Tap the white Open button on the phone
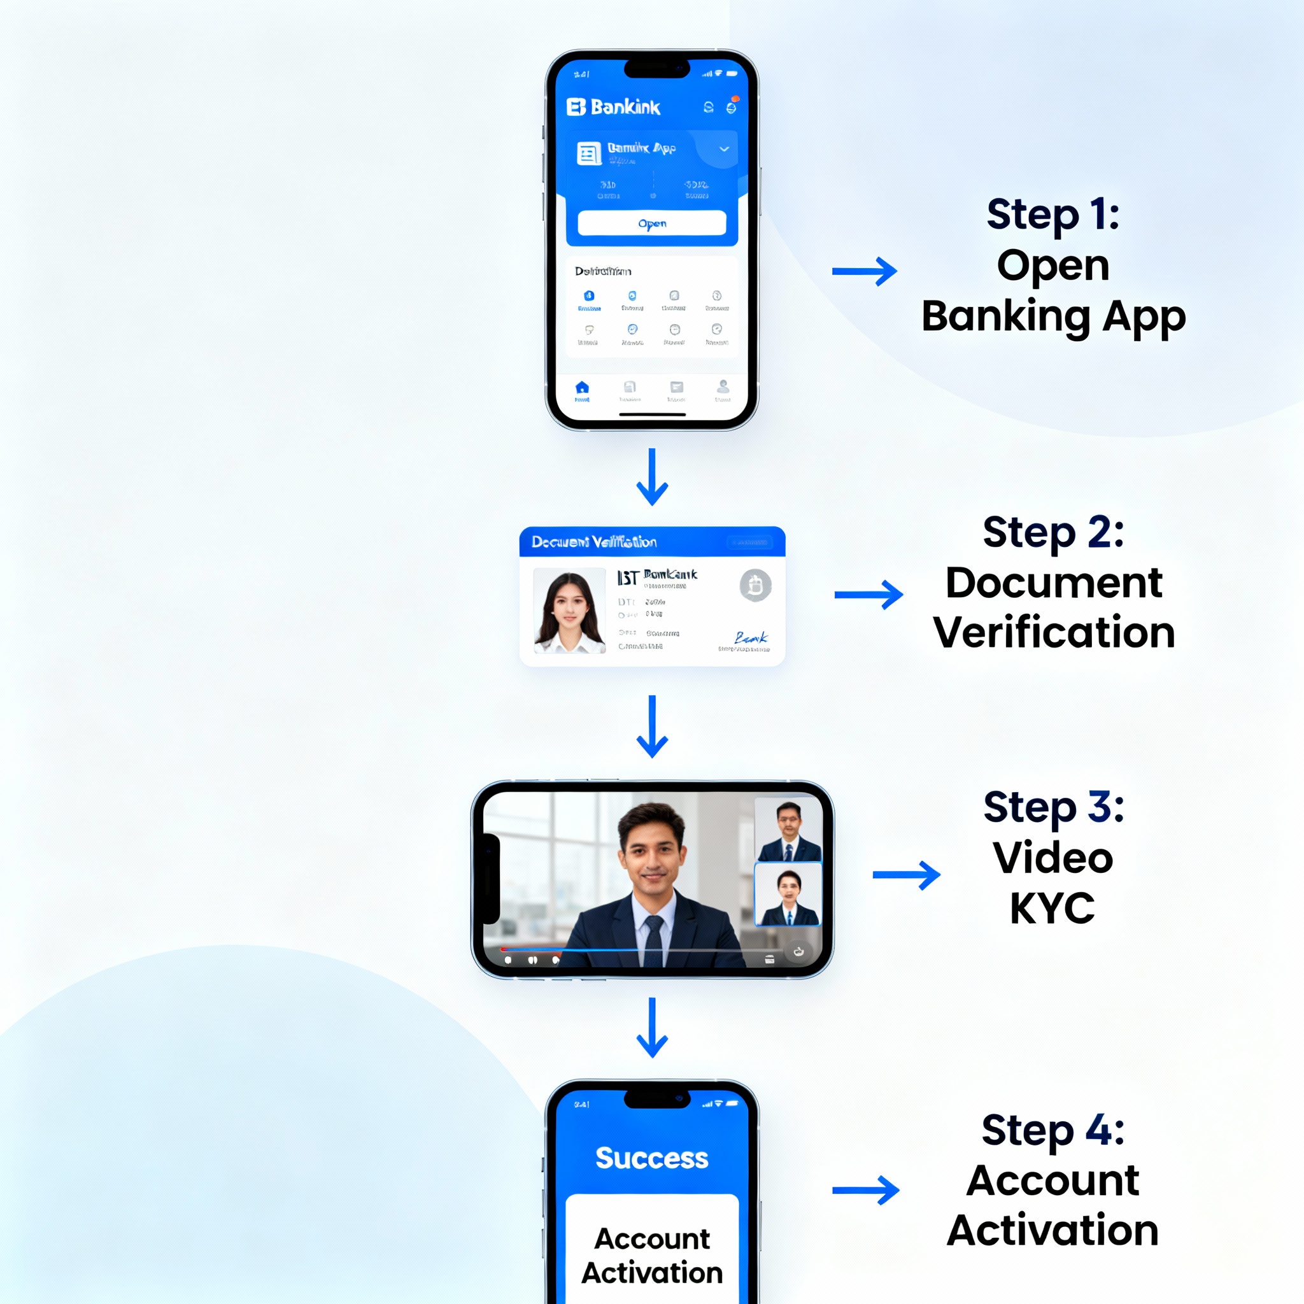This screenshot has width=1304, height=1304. click(x=651, y=223)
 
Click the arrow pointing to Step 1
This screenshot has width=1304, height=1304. click(x=864, y=271)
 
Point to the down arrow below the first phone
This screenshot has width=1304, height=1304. click(x=652, y=477)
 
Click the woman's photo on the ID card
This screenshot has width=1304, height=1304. click(x=569, y=611)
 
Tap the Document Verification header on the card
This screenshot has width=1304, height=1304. click(x=594, y=542)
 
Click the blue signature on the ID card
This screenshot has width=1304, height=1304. click(x=751, y=638)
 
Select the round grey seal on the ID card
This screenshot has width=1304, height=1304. click(x=755, y=585)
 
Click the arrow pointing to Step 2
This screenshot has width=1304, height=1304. click(x=868, y=595)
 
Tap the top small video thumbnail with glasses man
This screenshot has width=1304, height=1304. click(x=788, y=830)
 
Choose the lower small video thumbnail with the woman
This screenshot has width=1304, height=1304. click(x=788, y=895)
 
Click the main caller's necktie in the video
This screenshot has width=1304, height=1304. click(x=653, y=940)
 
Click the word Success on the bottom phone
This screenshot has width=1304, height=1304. click(x=651, y=1158)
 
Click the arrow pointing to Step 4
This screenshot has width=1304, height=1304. click(x=865, y=1190)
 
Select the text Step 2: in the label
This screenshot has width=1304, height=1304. click(x=1053, y=532)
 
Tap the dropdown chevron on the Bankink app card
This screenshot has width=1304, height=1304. click(x=723, y=149)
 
